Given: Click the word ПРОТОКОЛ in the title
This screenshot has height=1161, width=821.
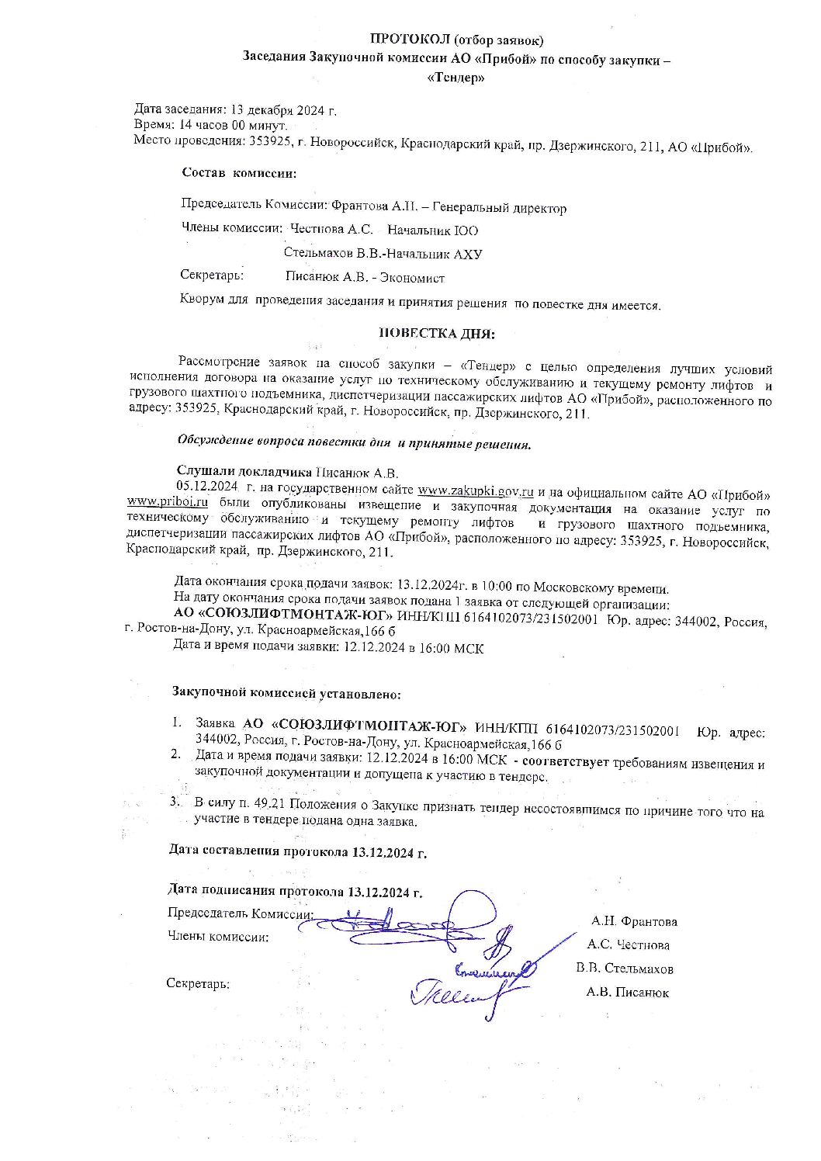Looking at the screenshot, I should (409, 39).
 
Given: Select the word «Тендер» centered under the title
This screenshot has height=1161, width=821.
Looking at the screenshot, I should (456, 78).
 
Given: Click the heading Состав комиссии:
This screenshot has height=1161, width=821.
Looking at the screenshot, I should (239, 172).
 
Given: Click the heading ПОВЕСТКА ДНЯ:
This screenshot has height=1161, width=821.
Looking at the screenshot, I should (436, 334).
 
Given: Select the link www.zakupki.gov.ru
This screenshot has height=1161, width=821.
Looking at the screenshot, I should (475, 490).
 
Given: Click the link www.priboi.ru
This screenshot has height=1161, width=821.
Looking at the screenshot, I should (167, 502).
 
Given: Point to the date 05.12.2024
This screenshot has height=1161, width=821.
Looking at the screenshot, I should (206, 486).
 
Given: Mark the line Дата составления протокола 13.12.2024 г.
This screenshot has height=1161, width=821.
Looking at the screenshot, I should (298, 851).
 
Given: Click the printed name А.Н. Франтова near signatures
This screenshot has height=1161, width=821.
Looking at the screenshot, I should (634, 922).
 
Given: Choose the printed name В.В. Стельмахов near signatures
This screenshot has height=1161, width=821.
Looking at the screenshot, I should (625, 969).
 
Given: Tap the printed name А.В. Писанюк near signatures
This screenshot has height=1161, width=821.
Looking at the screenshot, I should (628, 993).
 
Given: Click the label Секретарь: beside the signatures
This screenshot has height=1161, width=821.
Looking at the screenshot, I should (198, 984).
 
